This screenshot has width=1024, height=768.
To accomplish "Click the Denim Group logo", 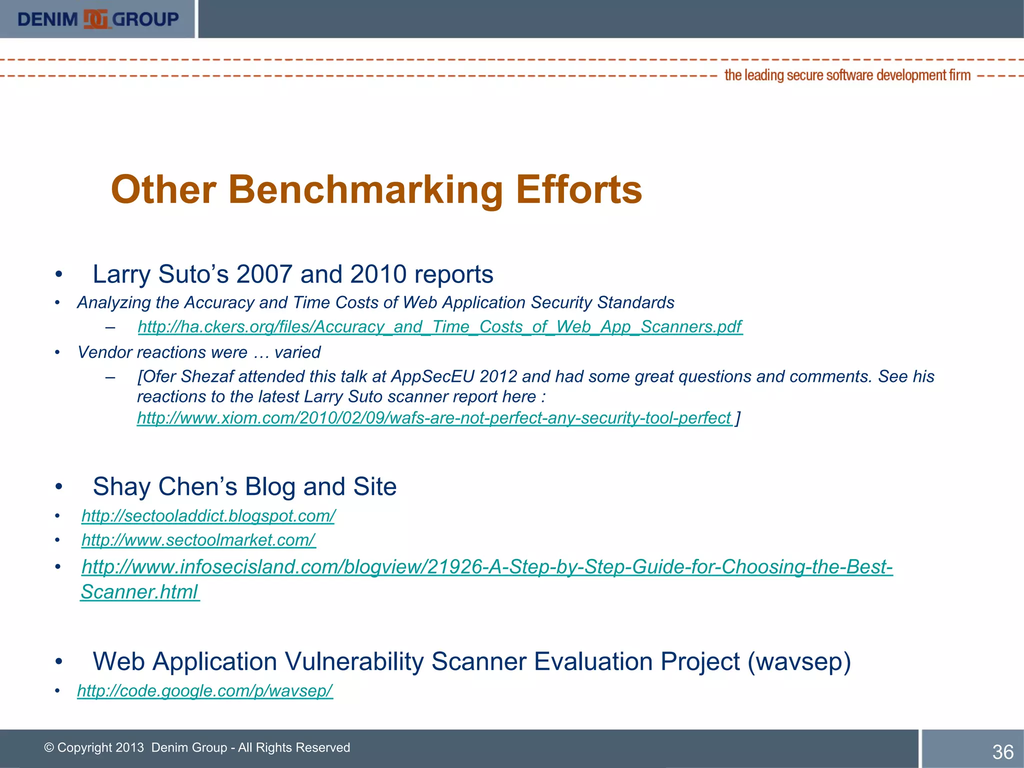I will coord(98,19).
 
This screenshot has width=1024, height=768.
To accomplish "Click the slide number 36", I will coord(1002,752).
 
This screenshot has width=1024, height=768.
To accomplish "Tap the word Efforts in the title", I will coord(578,190).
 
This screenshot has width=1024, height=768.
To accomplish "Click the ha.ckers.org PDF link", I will coord(439,326).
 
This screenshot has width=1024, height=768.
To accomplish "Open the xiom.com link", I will coord(433,417).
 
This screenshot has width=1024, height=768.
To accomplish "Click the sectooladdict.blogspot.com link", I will coord(208,515).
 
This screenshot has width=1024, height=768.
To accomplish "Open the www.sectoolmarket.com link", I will coord(198,540).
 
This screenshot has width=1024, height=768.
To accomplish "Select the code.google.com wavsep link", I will coord(204,690).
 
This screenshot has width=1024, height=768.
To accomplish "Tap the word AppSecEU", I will coord(432,376).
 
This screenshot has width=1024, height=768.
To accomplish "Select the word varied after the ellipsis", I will coord(297,352).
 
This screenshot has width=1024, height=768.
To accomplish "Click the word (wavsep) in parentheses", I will coord(799,661).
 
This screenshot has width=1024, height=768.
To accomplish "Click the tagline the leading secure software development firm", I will coord(847,75).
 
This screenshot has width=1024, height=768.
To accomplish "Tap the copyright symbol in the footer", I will coord(49,747).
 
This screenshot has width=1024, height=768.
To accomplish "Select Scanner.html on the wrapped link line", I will coord(139,592).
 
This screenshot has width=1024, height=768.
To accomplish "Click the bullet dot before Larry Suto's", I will coord(59,274).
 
